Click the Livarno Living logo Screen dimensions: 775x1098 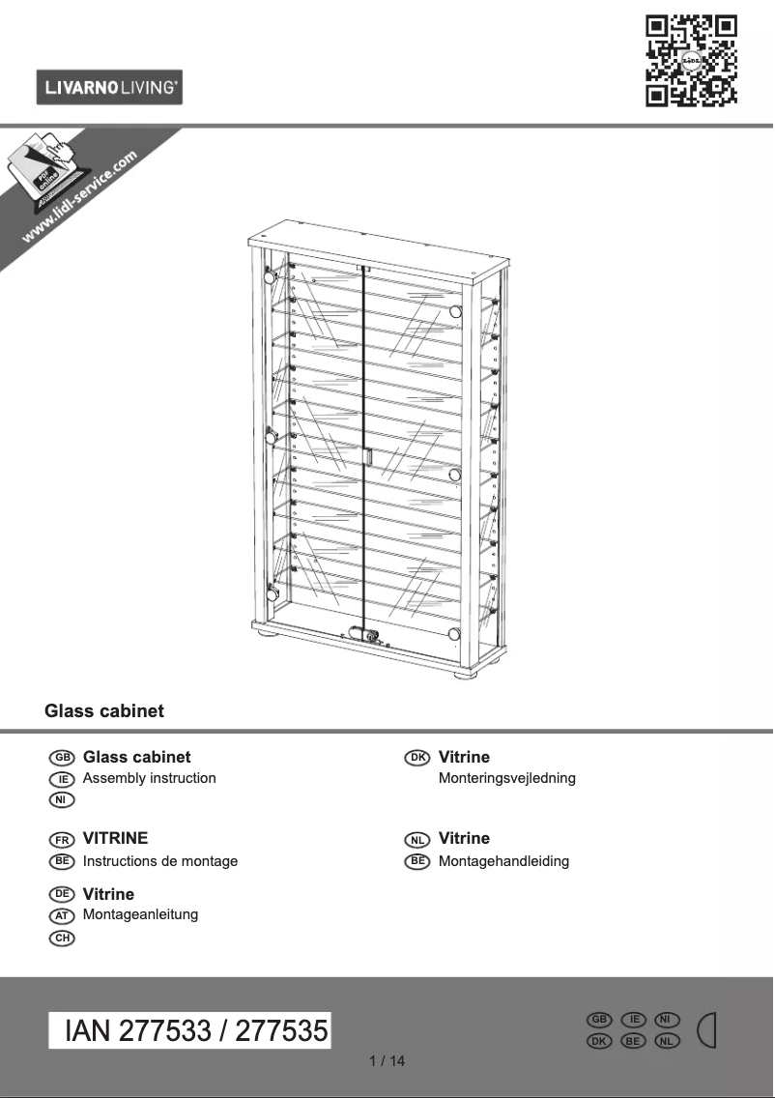109,88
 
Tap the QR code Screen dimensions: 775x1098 690,59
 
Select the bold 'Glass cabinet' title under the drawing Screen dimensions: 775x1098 104,711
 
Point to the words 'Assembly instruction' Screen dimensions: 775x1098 150,778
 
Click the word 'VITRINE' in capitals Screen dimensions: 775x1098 116,839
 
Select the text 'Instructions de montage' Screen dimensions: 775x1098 160,861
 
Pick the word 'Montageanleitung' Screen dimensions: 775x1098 141,914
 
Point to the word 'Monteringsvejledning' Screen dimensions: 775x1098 507,778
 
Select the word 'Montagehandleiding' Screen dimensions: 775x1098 504,861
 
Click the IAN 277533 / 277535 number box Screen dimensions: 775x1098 190,1030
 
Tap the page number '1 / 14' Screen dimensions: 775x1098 387,1061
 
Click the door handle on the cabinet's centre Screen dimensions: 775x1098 367,456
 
